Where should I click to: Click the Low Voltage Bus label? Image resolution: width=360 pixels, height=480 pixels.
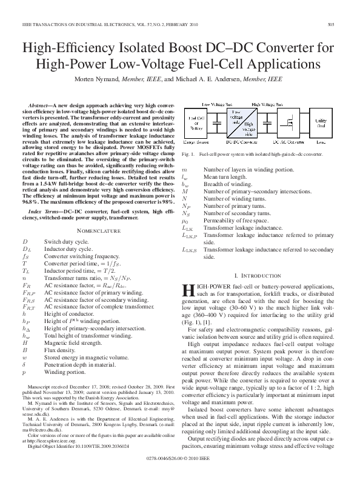[217, 104]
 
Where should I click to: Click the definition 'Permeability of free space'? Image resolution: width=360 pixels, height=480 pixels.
[237, 221]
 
